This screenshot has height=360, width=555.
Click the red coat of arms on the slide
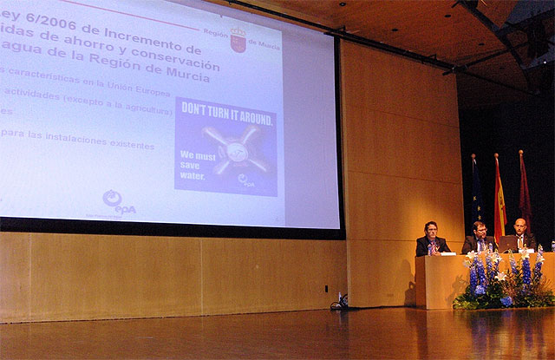[x=238, y=40]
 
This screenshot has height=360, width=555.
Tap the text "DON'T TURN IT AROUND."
[x=227, y=117]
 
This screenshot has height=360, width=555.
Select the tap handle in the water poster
[x=232, y=150]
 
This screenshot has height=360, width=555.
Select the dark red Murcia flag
[x=525, y=195]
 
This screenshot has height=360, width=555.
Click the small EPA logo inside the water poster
[x=248, y=180]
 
